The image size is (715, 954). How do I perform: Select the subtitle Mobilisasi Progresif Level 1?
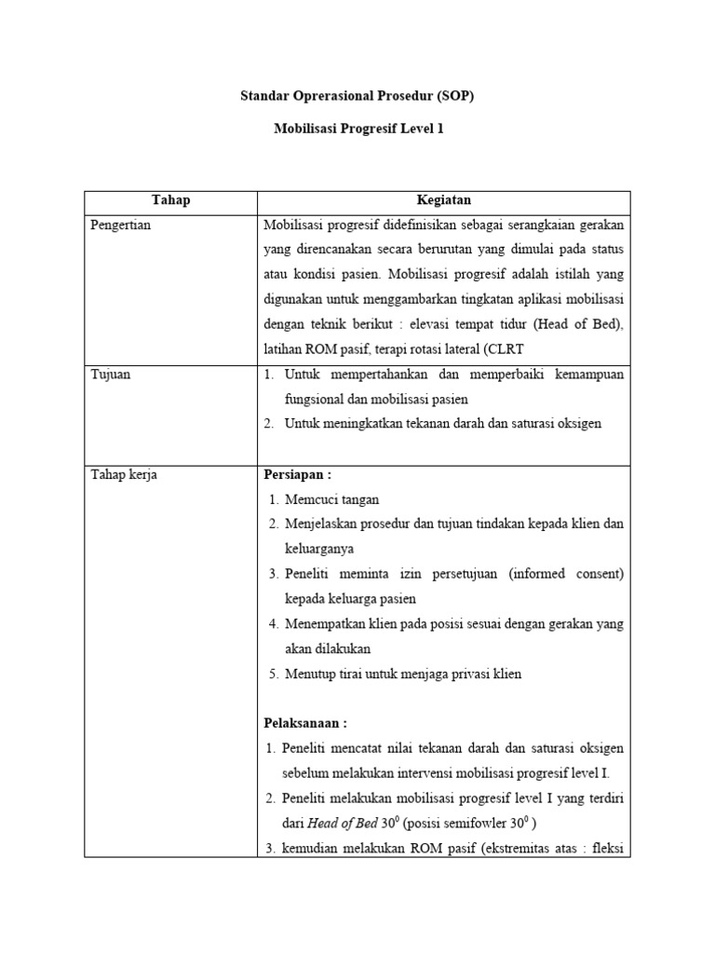(357, 129)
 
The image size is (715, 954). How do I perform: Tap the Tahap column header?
(170, 200)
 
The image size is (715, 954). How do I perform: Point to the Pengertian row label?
(121, 225)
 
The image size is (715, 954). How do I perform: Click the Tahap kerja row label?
(124, 475)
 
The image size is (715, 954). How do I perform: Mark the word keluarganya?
(319, 549)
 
